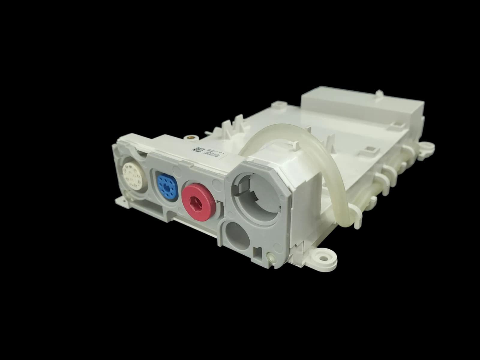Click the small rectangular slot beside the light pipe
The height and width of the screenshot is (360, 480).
coord(256,250)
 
